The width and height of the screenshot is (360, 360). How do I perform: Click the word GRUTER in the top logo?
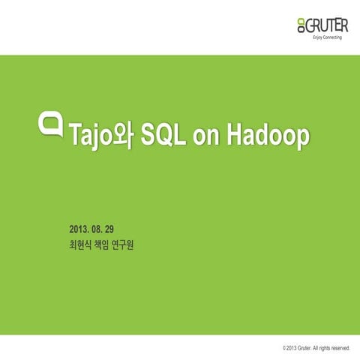pyautogui.click(x=324, y=25)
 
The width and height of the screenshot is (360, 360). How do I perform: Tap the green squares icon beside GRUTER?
pyautogui.click(x=301, y=27)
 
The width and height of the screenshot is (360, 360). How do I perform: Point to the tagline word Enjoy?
pyautogui.click(x=317, y=37)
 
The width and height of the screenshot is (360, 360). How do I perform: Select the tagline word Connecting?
pyautogui.click(x=334, y=37)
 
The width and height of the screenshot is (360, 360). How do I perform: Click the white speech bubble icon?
pyautogui.click(x=51, y=123)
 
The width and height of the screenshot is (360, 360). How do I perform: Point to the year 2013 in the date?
pyautogui.click(x=78, y=228)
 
